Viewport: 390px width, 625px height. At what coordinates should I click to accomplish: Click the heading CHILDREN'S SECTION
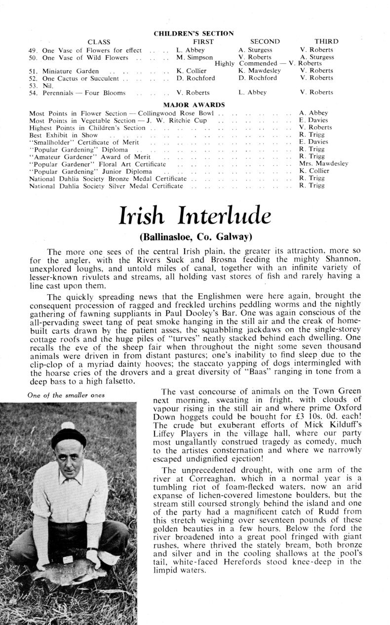click(194, 34)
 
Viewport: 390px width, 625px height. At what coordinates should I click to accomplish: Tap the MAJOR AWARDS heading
click(194, 105)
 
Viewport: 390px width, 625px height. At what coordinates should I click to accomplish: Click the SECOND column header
click(265, 42)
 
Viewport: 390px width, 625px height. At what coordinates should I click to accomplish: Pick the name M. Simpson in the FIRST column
click(195, 57)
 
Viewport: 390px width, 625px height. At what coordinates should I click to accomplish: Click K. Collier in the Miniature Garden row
click(192, 71)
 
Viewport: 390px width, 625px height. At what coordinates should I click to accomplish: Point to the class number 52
click(34, 78)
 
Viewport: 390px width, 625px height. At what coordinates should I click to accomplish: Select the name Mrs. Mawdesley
click(324, 164)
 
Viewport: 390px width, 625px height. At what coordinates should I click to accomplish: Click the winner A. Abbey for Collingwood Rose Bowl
click(313, 113)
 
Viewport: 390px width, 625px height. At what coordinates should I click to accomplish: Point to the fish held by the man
click(69, 576)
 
